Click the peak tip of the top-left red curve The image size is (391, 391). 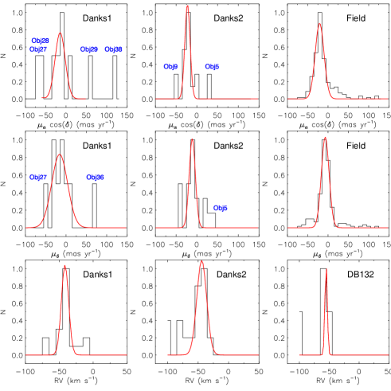tap(61, 33)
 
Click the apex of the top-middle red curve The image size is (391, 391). tap(188, 6)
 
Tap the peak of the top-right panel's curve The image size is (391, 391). tap(319, 23)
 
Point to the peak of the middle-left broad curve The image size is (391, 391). tap(60, 154)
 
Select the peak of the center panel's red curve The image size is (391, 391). tap(192, 139)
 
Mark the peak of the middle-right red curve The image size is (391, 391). tap(325, 137)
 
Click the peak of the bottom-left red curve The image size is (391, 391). tap(65, 265)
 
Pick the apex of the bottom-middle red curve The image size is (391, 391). tap(201, 261)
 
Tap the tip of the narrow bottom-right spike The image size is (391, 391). tap(326, 268)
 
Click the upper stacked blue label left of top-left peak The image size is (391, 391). tap(40, 41)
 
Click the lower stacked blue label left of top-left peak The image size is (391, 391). tap(38, 49)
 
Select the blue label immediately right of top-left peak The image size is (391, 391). tap(89, 49)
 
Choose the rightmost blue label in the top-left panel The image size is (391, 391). tap(113, 49)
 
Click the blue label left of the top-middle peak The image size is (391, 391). tap(170, 67)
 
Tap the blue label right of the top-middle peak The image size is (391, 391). tap(212, 67)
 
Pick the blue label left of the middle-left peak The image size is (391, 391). tap(37, 178)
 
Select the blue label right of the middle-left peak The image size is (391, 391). tap(95, 178)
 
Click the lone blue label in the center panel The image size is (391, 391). tap(220, 209)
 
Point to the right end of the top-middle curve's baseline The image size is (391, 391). tap(258, 99)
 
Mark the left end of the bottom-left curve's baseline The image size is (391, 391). tap(25, 355)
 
